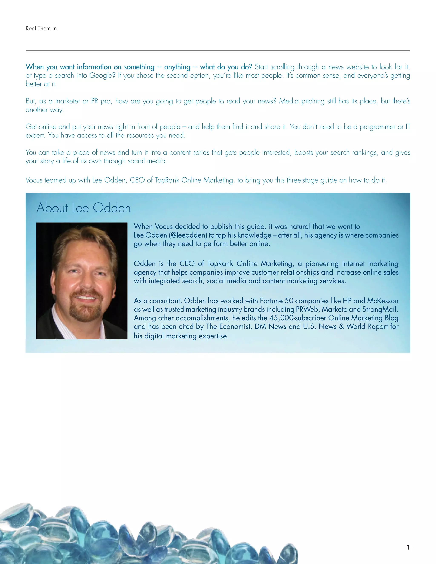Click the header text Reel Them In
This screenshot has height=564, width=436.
(x=41, y=28)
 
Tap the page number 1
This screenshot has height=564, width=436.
(x=408, y=547)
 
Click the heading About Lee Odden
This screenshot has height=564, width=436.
(x=83, y=208)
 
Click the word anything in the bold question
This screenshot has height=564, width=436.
(x=177, y=67)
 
